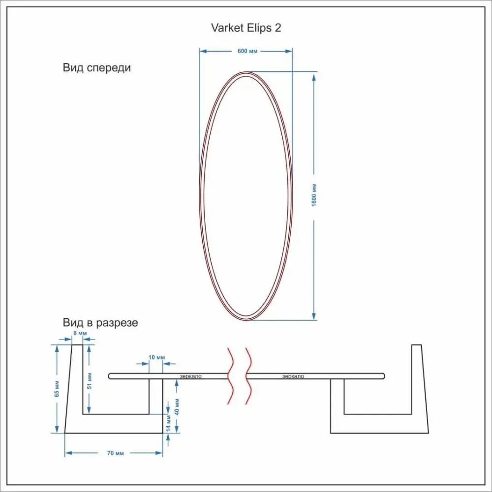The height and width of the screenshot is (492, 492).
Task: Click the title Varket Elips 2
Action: point(246,28)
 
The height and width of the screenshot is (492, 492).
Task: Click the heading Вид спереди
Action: point(97,68)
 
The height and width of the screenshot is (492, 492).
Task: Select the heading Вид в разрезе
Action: point(100,323)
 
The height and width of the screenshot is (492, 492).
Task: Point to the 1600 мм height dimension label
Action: point(314,195)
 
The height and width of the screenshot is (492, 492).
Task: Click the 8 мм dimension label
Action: point(79,334)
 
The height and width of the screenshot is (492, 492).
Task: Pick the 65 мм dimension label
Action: point(57,388)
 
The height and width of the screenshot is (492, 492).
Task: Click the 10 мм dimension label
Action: point(156,357)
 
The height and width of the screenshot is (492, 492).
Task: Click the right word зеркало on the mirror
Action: point(293,376)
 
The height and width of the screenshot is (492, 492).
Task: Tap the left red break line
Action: point(230,376)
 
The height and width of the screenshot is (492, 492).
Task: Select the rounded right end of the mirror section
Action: point(383,376)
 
